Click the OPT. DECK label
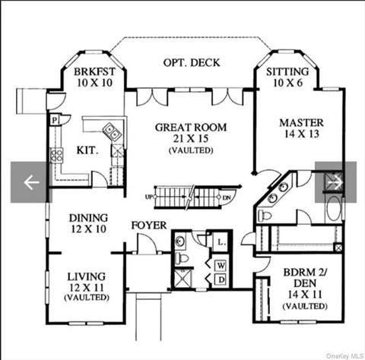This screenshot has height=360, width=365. pyautogui.click(x=192, y=62)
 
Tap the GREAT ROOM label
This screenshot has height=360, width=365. pyautogui.click(x=191, y=128)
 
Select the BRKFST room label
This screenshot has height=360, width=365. pyautogui.click(x=94, y=71)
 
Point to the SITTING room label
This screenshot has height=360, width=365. pyautogui.click(x=287, y=71)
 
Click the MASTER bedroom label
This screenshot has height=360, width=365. pyautogui.click(x=301, y=123)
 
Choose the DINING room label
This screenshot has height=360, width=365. pyautogui.click(x=88, y=218)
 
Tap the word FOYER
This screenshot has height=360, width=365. pyautogui.click(x=149, y=225)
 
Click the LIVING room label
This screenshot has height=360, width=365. pyautogui.click(x=86, y=276)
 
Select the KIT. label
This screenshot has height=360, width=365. pyautogui.click(x=87, y=150)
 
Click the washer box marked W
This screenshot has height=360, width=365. pyautogui.click(x=221, y=266)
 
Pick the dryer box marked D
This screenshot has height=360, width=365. pyautogui.click(x=221, y=280)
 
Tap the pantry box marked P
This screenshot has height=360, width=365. pyautogui.click(x=54, y=119)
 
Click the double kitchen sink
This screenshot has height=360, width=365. pyautogui.click(x=112, y=131)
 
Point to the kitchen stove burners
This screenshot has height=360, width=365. pyautogui.click(x=56, y=155)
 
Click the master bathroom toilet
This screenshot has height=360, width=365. pyautogui.click(x=265, y=216)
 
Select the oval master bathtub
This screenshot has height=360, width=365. pyautogui.click(x=333, y=209)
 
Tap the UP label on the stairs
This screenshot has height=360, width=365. pyautogui.click(x=149, y=197)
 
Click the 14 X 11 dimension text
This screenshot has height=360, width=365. pyautogui.click(x=305, y=294)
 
